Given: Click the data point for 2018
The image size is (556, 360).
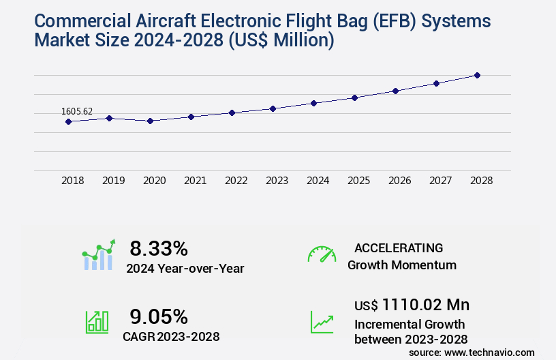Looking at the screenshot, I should tap(68, 121).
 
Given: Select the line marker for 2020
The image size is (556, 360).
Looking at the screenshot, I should tap(150, 121).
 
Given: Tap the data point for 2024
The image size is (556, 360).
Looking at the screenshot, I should tap(313, 103).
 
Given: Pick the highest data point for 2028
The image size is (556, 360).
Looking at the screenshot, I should tap(477, 75).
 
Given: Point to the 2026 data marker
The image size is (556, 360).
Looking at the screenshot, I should tap(395, 91).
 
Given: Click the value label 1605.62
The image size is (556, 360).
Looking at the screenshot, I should tap(77, 111).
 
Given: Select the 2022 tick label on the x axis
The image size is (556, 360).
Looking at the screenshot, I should tap(236, 181).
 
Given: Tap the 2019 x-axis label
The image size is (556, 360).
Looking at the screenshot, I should tap(113, 181).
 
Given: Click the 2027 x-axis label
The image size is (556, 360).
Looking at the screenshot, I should tap(440, 181).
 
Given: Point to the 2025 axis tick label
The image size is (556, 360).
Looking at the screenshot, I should tap(358, 181).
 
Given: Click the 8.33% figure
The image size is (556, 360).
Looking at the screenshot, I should tap(159, 247).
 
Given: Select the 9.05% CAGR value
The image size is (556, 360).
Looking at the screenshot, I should tap(159, 316).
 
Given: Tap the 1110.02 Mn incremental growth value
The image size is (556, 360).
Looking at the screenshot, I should tap(425, 304).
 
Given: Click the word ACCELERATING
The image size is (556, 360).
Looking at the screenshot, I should tap(399, 247).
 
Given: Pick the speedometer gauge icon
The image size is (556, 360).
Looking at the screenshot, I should tap(322, 254).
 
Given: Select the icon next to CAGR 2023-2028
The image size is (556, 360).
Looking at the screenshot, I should tap(97, 322).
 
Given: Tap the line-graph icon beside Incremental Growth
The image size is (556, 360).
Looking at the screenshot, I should tap(322, 322).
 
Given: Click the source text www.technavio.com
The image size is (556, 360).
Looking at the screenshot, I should tap(489, 352).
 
